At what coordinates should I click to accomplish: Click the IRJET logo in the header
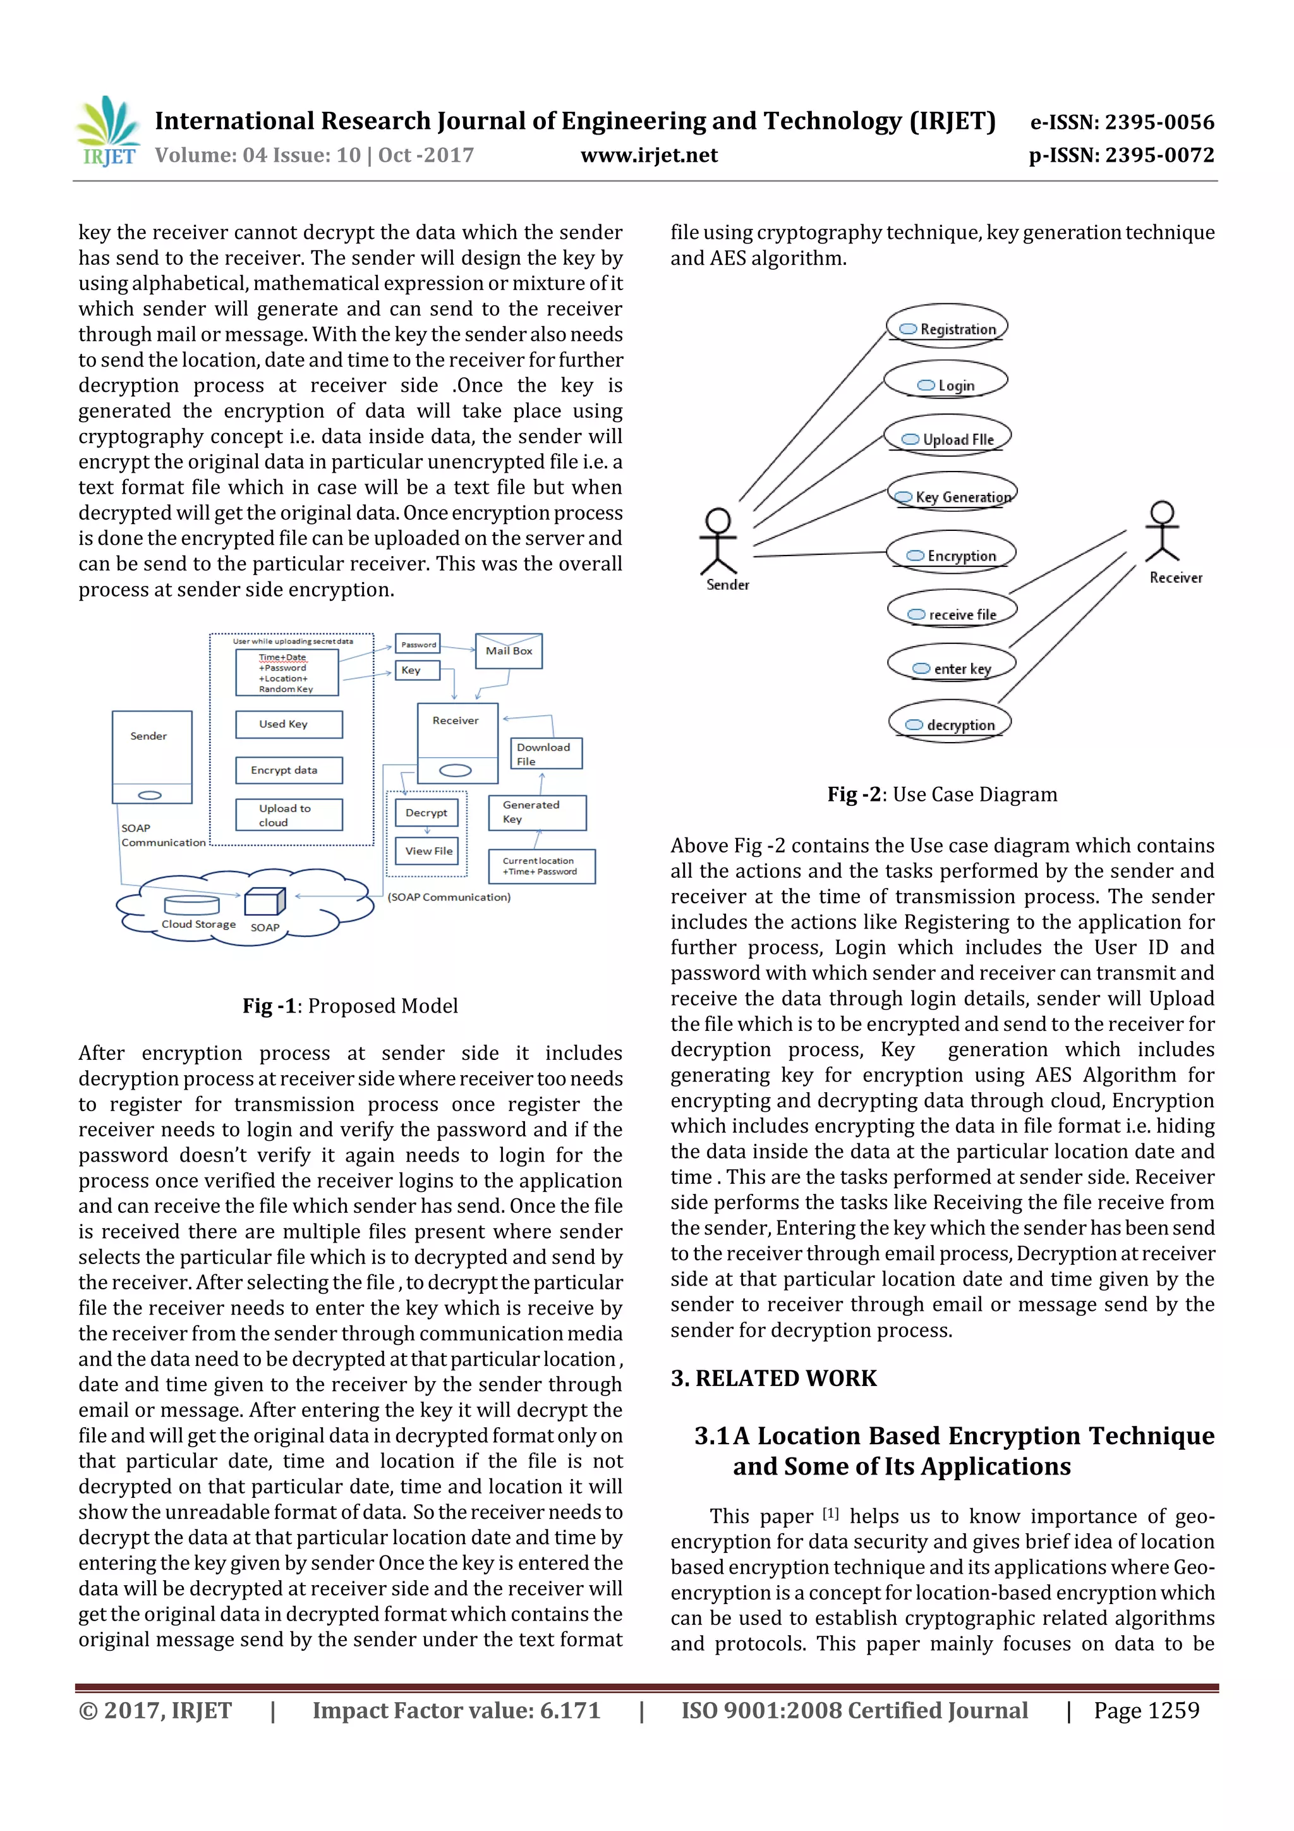(x=107, y=131)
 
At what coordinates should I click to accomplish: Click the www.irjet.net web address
(x=648, y=155)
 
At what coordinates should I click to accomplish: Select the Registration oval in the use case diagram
(x=947, y=327)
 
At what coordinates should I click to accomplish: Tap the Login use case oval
(x=946, y=384)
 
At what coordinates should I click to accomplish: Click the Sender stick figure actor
(x=718, y=542)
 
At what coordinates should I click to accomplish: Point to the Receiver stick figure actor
(x=1163, y=530)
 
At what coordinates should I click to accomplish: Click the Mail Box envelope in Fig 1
(x=509, y=651)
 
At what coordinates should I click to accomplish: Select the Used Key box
(x=289, y=724)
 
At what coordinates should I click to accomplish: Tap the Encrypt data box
(x=289, y=770)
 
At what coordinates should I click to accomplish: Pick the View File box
(x=428, y=851)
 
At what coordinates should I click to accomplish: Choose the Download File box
(x=546, y=753)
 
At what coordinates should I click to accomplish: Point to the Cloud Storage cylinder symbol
(x=191, y=905)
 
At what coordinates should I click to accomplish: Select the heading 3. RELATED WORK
(x=773, y=1378)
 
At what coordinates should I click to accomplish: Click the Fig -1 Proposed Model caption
(x=350, y=1006)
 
